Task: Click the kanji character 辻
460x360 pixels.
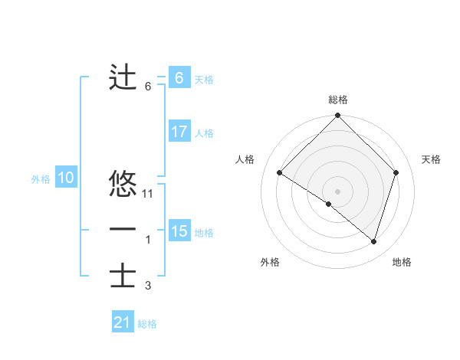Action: coord(123,77)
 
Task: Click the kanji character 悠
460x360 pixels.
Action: coord(123,184)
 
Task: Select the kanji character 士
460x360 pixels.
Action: coord(123,276)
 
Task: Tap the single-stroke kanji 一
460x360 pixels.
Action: coord(123,230)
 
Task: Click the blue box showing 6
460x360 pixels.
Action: coord(179,78)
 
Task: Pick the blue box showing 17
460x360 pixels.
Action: coord(179,132)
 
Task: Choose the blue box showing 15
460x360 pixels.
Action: coord(179,231)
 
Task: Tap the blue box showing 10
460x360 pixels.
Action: coord(65,178)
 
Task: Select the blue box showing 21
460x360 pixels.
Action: coord(123,322)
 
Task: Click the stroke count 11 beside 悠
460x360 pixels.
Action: coord(149,194)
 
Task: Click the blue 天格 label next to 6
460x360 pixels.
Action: coord(203,80)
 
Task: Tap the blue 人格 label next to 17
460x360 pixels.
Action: coord(203,133)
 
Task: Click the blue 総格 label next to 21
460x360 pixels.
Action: coord(147,324)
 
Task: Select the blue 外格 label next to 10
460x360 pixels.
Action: coord(41,179)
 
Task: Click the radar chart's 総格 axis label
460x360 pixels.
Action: coord(337,100)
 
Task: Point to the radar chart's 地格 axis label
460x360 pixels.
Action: coord(402,262)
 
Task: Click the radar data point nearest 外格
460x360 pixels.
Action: coord(329,204)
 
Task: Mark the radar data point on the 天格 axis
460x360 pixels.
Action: coord(396,172)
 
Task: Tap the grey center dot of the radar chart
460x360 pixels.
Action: coord(337,191)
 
